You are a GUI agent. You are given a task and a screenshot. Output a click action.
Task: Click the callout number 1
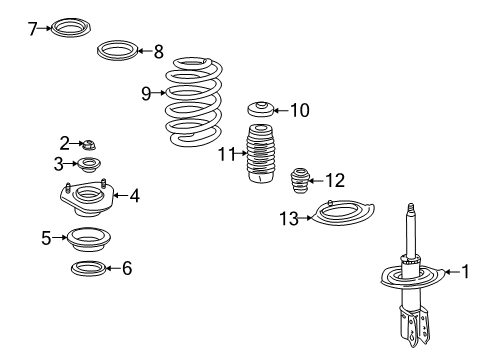pyautogui.click(x=463, y=270)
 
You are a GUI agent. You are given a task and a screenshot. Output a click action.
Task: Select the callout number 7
pyautogui.click(x=32, y=29)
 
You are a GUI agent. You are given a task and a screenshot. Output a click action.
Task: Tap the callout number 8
pyautogui.click(x=157, y=50)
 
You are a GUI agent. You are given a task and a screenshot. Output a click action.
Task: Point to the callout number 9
pyautogui.click(x=146, y=94)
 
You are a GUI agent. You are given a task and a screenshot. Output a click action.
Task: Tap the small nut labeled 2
pyautogui.click(x=89, y=145)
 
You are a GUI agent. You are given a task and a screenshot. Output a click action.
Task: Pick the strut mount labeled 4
pyautogui.click(x=88, y=198)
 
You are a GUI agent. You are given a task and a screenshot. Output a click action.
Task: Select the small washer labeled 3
pyautogui.click(x=88, y=165)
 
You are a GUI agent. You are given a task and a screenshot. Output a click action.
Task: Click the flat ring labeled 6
pyautogui.click(x=88, y=268)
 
